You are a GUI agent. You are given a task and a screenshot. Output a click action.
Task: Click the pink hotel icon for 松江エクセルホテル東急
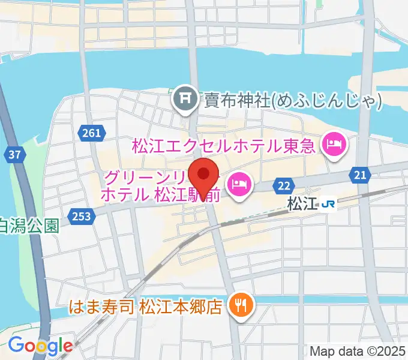tap(331, 143)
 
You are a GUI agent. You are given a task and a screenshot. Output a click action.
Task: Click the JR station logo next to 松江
tap(328, 204)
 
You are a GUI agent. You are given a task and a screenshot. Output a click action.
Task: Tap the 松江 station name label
tap(301, 204)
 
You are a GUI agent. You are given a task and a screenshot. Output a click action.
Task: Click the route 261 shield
tap(92, 133)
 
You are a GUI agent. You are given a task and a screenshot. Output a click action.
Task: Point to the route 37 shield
tap(16, 155)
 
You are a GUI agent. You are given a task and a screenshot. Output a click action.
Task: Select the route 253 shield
tap(80, 215)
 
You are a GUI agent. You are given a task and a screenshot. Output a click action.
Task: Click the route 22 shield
tap(284, 187)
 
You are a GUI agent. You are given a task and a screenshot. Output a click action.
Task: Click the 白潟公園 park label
tap(29, 226)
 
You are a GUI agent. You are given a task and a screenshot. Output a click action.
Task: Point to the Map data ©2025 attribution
tap(357, 351)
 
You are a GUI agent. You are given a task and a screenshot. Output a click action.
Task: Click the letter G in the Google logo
tap(16, 345)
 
